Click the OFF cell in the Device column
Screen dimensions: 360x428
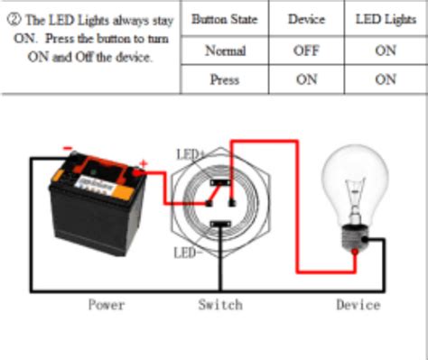(306, 51)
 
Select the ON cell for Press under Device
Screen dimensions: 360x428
(306, 79)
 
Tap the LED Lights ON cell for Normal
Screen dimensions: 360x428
(386, 51)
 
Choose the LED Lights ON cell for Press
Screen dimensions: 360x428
(386, 79)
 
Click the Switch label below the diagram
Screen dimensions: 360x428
(220, 305)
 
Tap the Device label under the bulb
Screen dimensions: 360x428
(358, 305)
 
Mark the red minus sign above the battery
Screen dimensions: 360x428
(67, 150)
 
